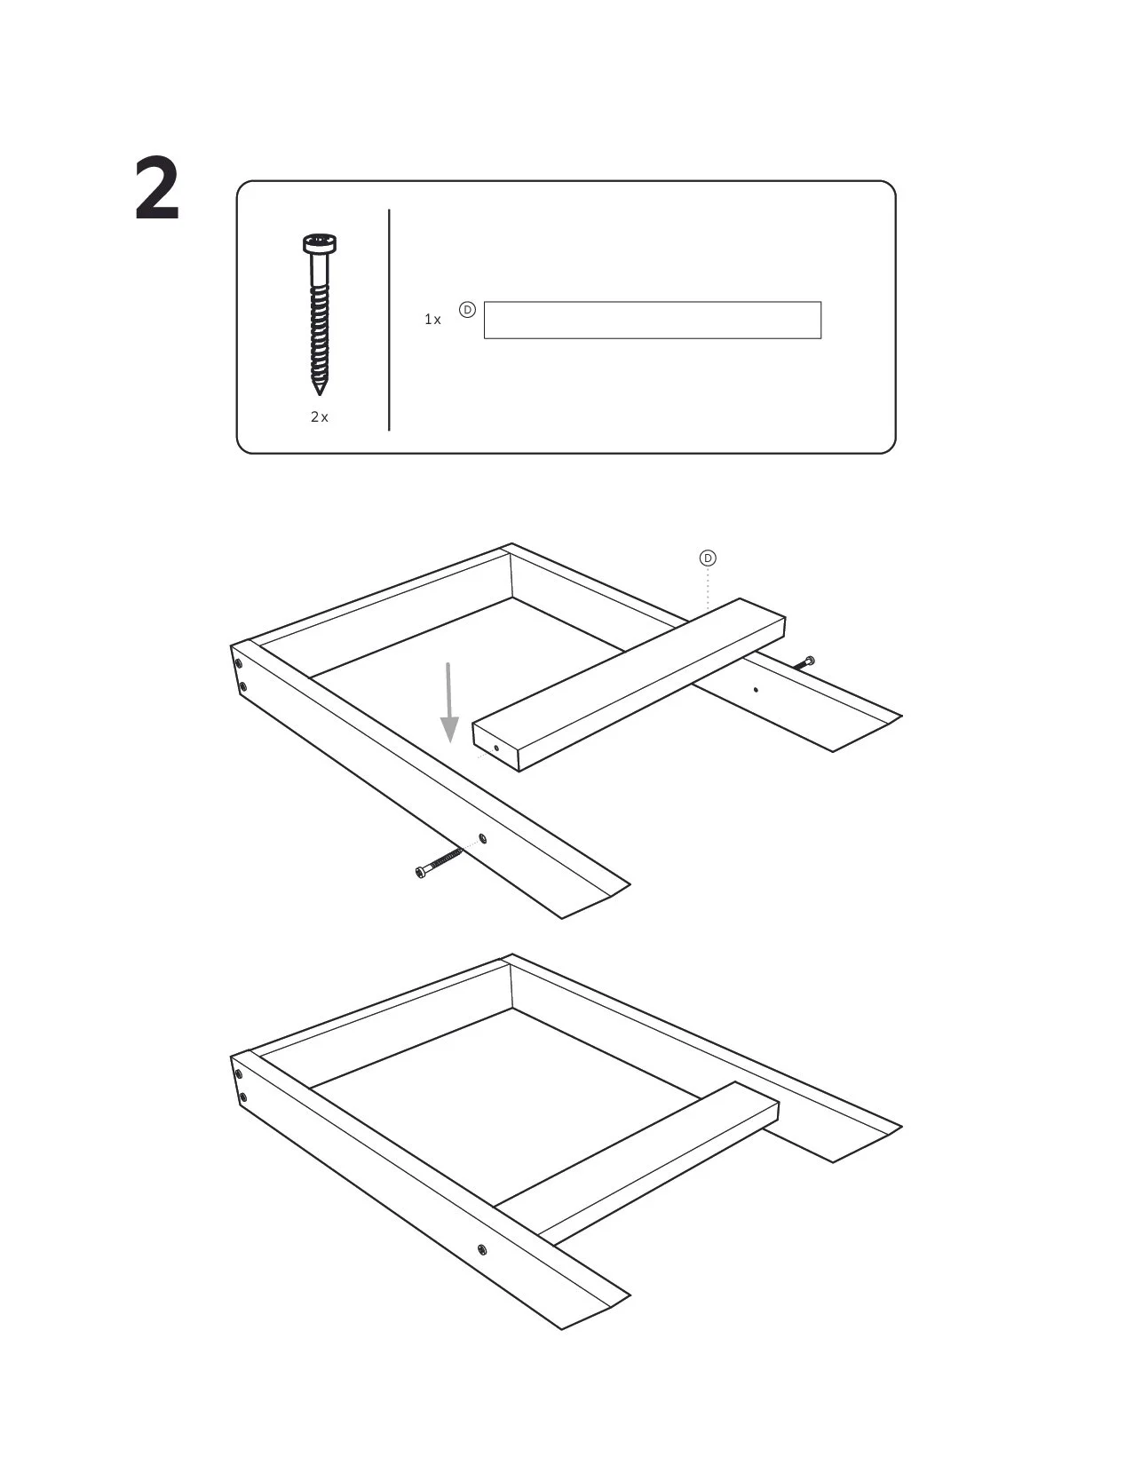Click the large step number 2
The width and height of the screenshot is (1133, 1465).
pos(157,188)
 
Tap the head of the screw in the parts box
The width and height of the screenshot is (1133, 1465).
pos(320,243)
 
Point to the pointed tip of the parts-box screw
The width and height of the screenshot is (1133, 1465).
pos(320,392)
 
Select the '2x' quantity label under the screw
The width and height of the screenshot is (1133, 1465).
pos(320,417)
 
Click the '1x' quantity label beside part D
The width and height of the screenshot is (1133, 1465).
pos(432,320)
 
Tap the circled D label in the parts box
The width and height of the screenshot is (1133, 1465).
pos(467,310)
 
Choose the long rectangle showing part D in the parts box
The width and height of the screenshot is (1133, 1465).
pos(653,321)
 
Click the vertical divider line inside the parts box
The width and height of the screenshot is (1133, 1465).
pos(389,320)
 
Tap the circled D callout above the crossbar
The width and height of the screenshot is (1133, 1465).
pos(708,558)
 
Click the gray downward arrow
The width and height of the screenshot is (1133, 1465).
pos(449,702)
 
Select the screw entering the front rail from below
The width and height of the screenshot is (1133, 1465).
pos(439,863)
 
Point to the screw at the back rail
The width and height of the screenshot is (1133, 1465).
pos(804,663)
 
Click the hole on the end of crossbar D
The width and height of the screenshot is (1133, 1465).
pos(496,748)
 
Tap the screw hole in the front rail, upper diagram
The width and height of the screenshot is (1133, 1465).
pos(482,839)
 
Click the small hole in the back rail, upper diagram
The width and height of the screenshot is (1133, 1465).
pos(757,690)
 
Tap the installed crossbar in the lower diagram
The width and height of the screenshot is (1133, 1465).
pos(637,1163)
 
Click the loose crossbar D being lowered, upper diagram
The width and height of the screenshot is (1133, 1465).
pos(629,685)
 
